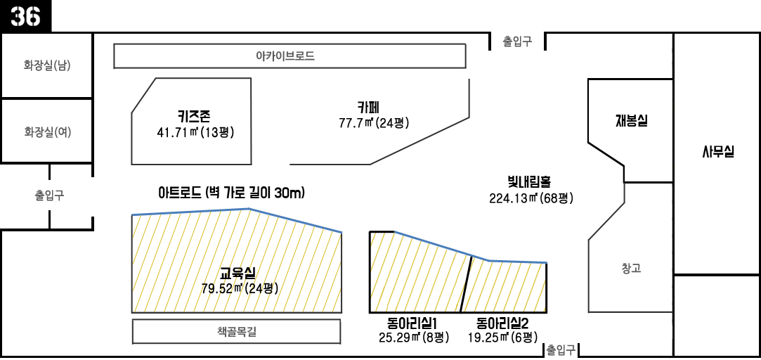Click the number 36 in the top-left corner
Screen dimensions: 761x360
click(25, 15)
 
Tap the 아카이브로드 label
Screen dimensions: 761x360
click(285, 56)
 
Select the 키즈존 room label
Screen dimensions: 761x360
click(194, 116)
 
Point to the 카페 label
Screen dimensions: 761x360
click(368, 108)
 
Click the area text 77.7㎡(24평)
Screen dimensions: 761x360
click(373, 123)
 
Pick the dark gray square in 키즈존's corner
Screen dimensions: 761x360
click(144, 96)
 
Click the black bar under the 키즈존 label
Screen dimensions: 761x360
click(195, 132)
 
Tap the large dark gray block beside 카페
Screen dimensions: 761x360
click(419, 141)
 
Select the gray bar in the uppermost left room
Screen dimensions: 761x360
click(47, 66)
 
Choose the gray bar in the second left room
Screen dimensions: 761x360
click(48, 132)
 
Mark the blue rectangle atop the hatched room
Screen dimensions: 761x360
click(426, 240)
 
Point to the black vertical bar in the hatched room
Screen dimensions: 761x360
click(465, 283)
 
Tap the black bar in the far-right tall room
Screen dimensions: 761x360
click(717, 151)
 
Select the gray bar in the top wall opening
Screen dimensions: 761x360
click(517, 41)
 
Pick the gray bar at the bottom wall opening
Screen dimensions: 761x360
click(560, 350)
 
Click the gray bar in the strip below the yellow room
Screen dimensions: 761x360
click(237, 332)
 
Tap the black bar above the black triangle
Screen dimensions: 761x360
click(631, 121)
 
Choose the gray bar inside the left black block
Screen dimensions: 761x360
click(49, 195)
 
